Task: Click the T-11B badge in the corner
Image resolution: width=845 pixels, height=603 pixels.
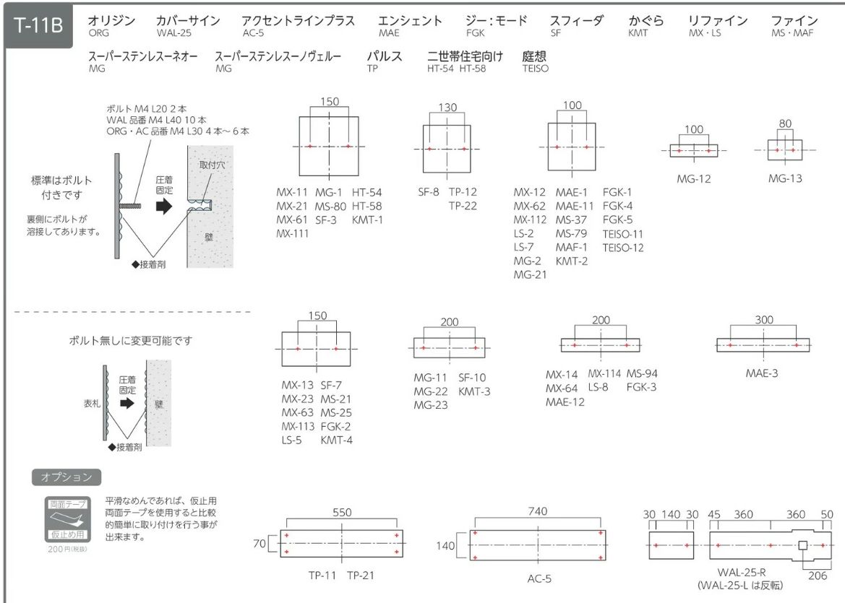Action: point(38,25)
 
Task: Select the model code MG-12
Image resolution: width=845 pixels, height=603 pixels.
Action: point(694,179)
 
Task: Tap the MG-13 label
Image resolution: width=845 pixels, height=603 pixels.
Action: point(785,178)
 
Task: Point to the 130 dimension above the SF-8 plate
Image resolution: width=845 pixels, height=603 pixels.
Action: point(447,107)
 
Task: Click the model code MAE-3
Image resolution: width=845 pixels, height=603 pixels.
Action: point(761,373)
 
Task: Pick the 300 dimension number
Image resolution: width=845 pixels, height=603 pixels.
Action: point(764,320)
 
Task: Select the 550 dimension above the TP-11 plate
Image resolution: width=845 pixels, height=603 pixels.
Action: point(342,513)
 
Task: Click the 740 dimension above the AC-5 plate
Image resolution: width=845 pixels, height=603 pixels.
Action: point(538,511)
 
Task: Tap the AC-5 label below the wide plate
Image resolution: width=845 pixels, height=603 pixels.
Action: point(539,578)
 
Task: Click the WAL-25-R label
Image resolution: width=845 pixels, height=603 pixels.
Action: point(742,573)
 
